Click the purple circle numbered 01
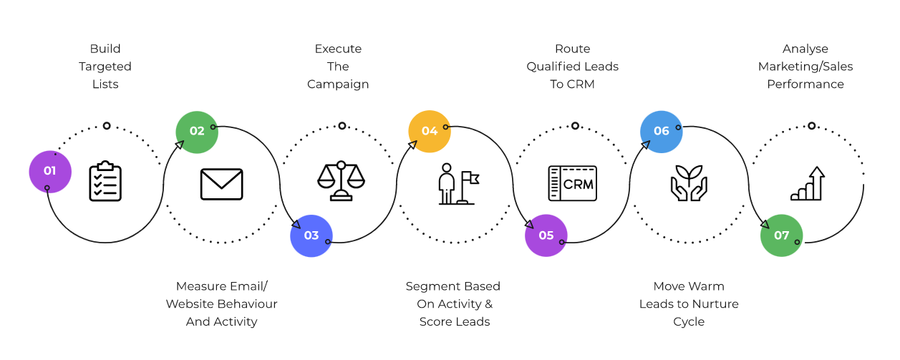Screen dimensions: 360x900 50,171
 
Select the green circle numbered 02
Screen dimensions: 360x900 197,131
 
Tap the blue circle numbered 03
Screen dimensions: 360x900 311,235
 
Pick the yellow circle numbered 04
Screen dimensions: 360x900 430,131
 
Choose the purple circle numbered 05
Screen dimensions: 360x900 546,235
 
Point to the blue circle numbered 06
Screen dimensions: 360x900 661,131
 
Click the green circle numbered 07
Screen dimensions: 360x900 781,235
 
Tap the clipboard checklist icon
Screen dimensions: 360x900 105,182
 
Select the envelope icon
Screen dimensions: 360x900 221,184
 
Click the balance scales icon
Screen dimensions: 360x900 341,182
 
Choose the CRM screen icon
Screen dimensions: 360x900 572,183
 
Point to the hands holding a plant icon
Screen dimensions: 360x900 689,183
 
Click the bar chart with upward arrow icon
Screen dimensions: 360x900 808,183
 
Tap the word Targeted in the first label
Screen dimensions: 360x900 105,67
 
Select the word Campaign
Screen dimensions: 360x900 338,84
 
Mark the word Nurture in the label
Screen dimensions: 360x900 717,304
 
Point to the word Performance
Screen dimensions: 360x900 805,84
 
